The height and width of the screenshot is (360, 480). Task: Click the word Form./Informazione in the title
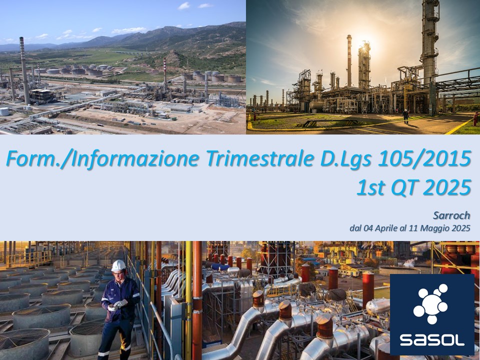pyautogui.click(x=102, y=158)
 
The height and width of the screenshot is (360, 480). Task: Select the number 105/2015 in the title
pyautogui.click(x=424, y=158)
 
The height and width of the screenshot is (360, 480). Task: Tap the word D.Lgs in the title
pyautogui.click(x=346, y=158)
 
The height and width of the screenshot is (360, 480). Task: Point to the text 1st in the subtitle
pyautogui.click(x=370, y=187)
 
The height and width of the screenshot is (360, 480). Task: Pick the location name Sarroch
pyautogui.click(x=451, y=215)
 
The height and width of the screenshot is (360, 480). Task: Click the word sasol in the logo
pyautogui.click(x=432, y=340)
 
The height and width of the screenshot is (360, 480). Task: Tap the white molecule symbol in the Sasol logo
pyautogui.click(x=431, y=303)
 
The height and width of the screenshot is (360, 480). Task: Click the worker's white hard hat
pyautogui.click(x=118, y=265)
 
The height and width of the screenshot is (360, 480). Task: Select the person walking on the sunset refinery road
pyautogui.click(x=405, y=116)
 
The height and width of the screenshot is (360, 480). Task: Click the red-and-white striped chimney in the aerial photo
pyautogui.click(x=165, y=74)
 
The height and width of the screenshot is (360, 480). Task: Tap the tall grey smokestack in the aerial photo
pyautogui.click(x=24, y=71)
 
